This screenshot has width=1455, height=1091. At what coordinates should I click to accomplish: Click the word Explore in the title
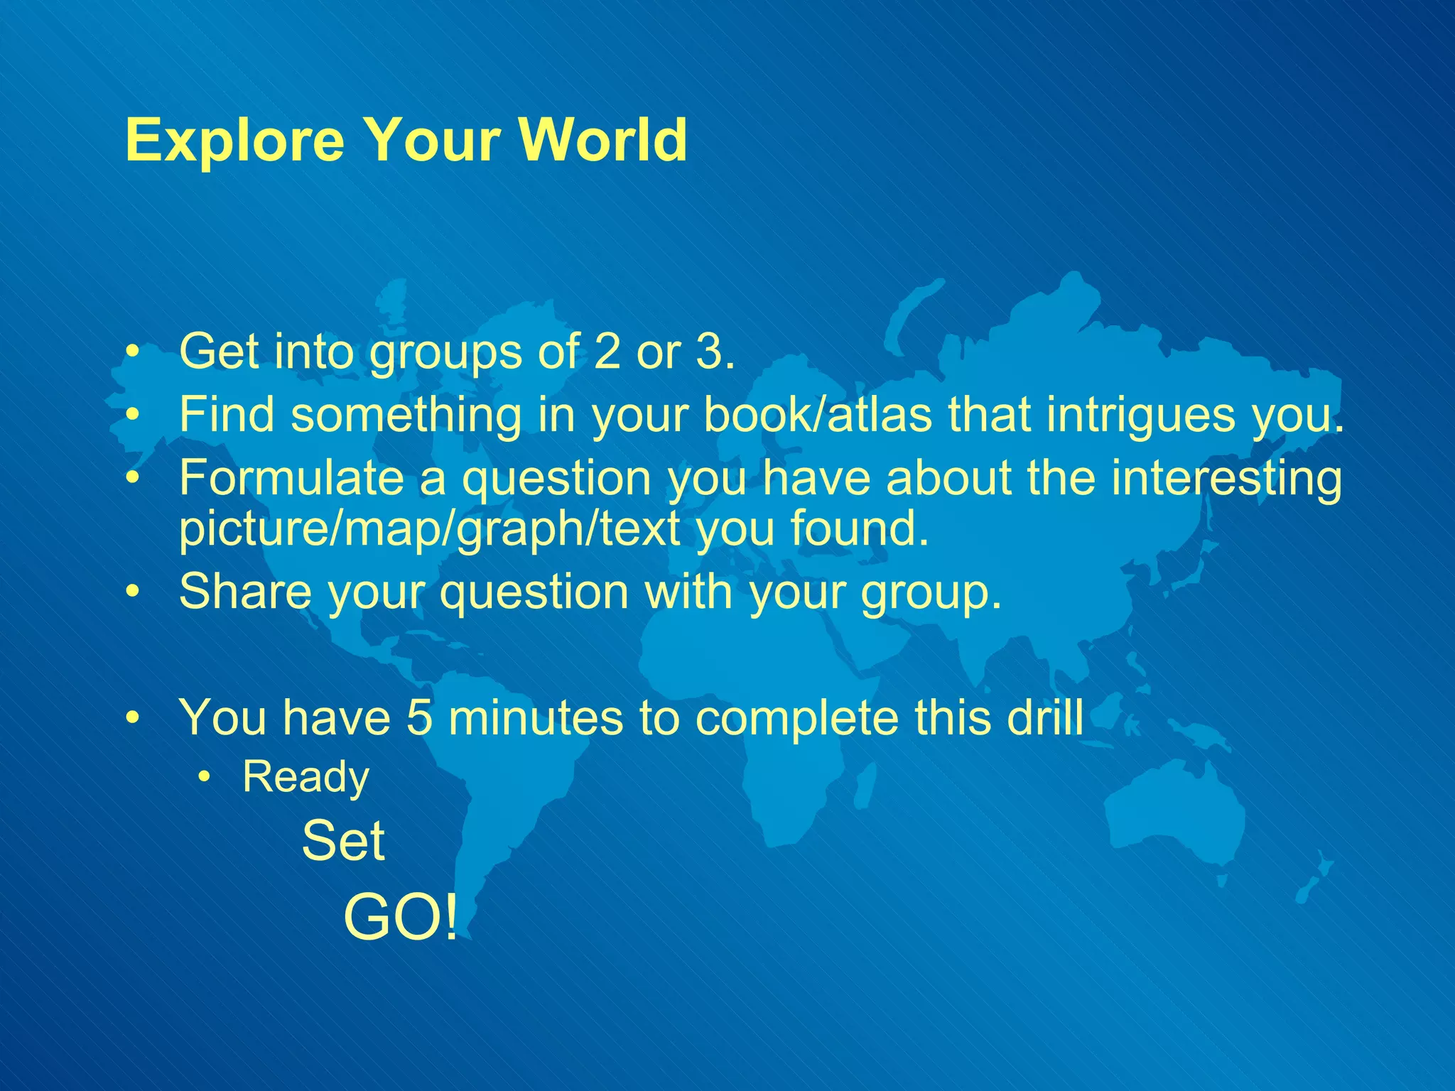[235, 140]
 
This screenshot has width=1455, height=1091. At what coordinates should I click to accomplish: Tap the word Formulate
[291, 477]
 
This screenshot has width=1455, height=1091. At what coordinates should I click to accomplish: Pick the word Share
[245, 591]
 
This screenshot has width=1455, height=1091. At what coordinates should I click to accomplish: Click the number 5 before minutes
[419, 717]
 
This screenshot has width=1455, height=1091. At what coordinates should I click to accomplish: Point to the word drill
[1045, 717]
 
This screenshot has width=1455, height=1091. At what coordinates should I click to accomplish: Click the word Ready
[305, 776]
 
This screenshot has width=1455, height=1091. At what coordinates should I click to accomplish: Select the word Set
[343, 841]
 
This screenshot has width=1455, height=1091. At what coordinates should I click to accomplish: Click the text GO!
[401, 918]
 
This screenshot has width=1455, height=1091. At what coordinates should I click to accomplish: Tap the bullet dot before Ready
[205, 778]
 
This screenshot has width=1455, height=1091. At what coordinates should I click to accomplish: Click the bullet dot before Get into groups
[131, 352]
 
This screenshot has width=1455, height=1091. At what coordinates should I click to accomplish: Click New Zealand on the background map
[1314, 881]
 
